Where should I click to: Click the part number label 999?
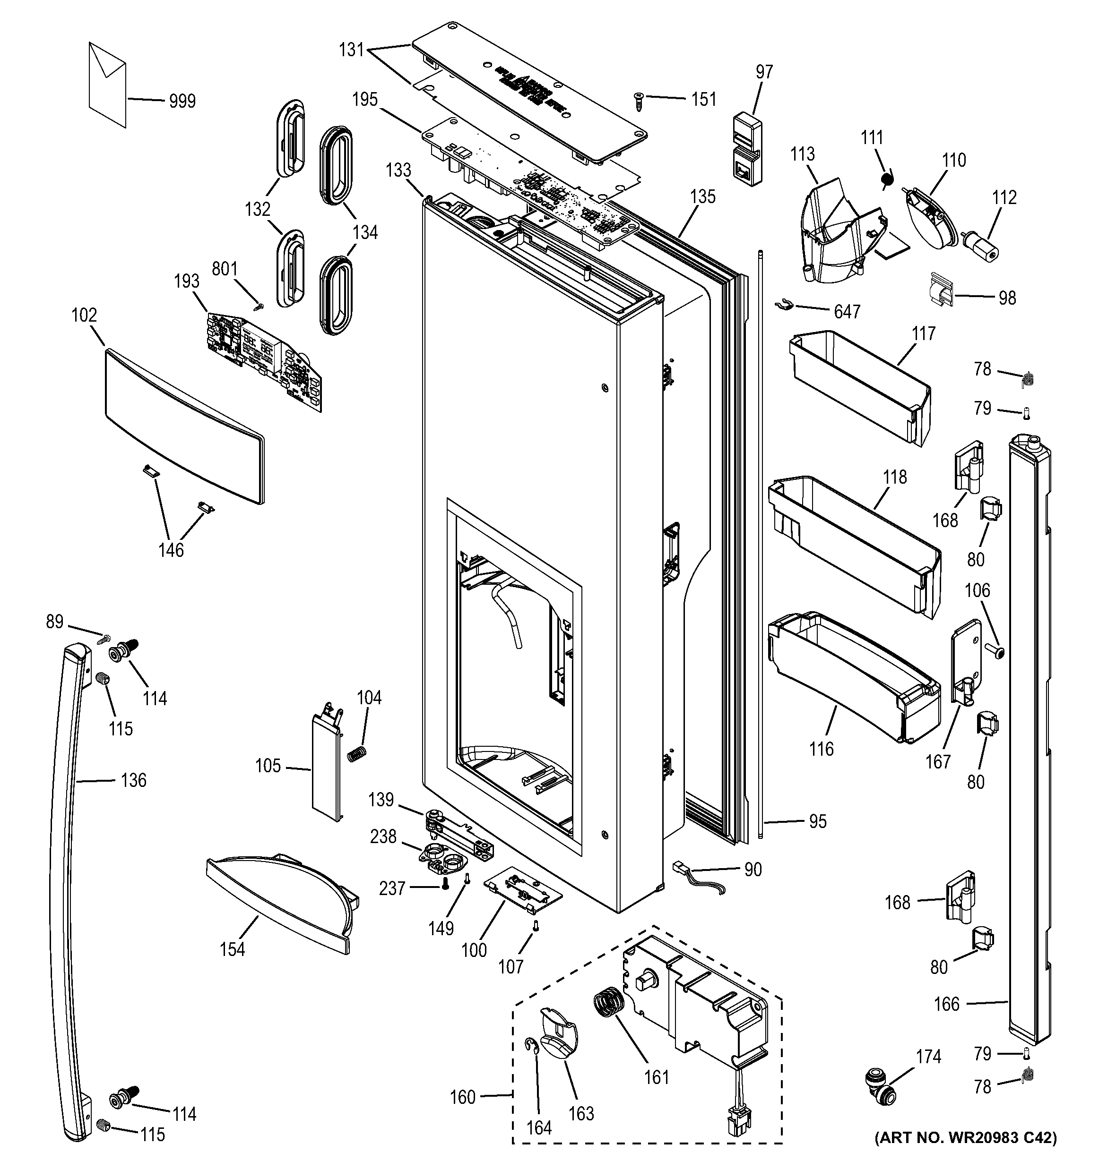[x=182, y=101]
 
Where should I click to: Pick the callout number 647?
[x=847, y=312]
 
